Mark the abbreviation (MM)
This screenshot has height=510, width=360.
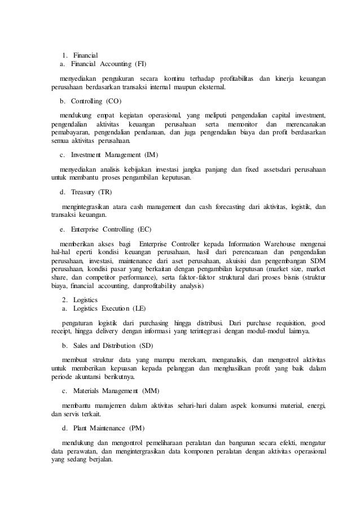pyautogui.click(x=151, y=391)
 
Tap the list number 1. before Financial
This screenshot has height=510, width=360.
pyautogui.click(x=66, y=55)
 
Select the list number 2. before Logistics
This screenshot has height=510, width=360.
pyautogui.click(x=66, y=299)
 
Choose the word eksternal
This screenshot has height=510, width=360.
pyautogui.click(x=208, y=88)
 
